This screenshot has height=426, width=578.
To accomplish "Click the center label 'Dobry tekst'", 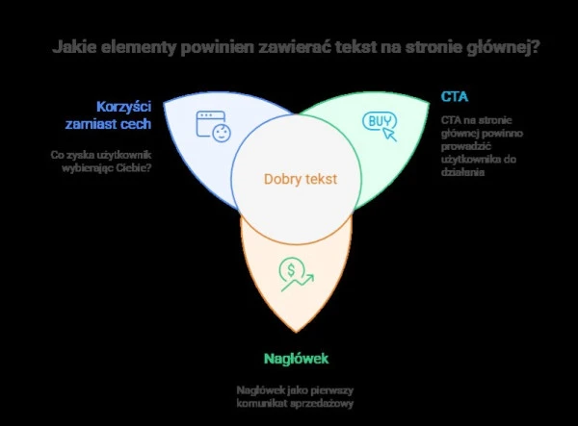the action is [x=301, y=179].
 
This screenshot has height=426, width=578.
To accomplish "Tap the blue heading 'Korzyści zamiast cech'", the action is [x=108, y=115].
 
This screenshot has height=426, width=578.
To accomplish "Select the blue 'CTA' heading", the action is [x=455, y=97].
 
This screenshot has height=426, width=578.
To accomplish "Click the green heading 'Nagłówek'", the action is [x=296, y=359].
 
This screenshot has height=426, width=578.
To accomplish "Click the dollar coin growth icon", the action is [x=297, y=274].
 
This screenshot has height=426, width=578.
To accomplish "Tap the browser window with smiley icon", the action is [x=214, y=126].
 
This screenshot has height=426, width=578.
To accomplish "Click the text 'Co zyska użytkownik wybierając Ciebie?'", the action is [x=101, y=162].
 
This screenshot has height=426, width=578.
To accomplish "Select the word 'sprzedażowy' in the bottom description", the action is [x=322, y=404].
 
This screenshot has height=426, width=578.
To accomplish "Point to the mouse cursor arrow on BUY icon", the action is [x=389, y=135].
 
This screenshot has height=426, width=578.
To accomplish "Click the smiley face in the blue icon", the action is [x=222, y=133].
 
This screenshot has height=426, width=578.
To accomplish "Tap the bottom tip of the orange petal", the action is [x=296, y=332].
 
